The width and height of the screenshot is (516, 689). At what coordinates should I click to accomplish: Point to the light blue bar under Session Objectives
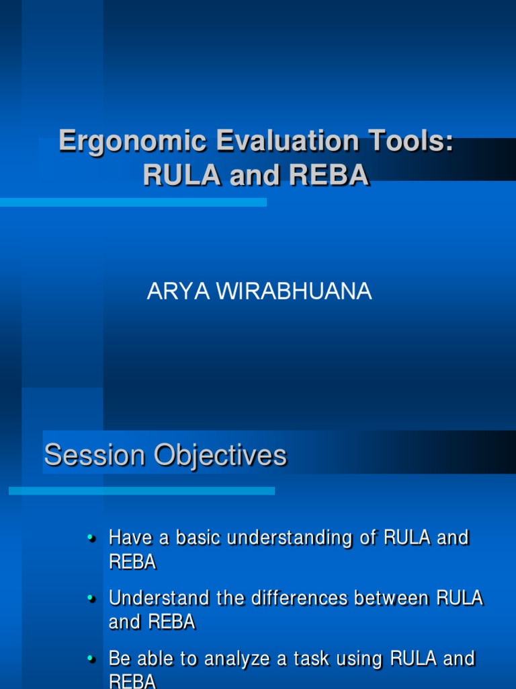pos(141,491)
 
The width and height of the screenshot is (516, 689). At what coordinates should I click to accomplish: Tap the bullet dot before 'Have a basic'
pos(91,538)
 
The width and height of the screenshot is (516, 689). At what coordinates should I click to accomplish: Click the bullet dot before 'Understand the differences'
pos(91,597)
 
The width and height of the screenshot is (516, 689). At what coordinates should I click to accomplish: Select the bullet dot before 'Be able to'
pos(91,657)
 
